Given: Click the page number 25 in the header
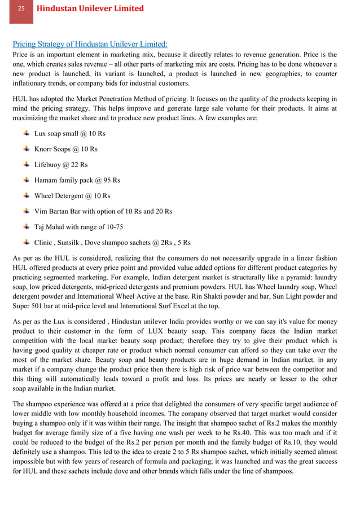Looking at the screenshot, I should [21, 8].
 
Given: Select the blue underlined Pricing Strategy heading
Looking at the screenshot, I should [90, 44].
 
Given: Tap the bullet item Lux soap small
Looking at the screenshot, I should [69, 134].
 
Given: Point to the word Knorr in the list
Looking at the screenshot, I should [44, 150].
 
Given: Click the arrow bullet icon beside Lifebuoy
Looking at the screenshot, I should [27, 164].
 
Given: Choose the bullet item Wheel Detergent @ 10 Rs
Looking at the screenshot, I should [72, 196].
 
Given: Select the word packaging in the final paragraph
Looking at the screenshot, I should [212, 462].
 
